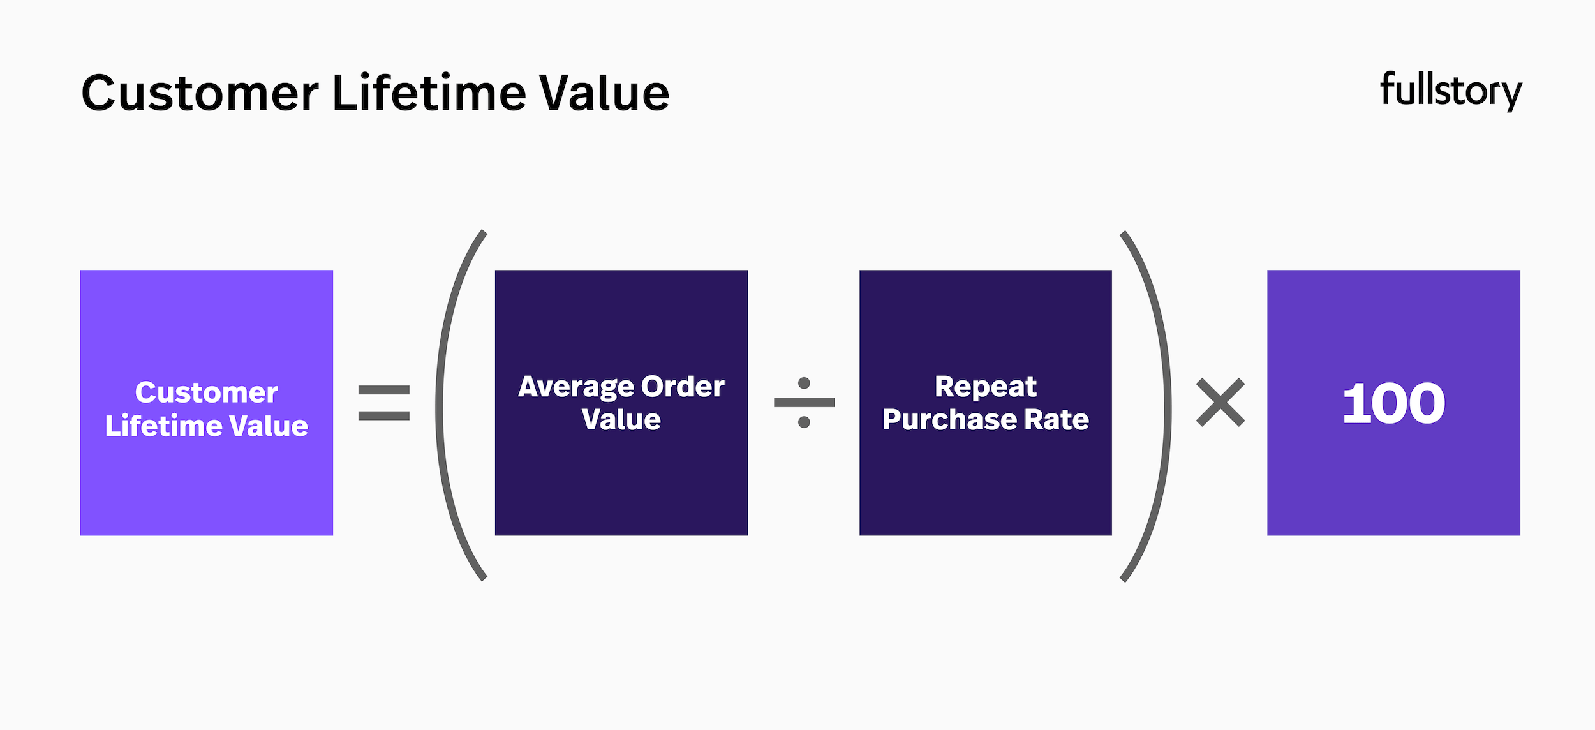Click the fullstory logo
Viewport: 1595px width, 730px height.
click(1451, 91)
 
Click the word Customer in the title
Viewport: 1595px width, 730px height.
click(200, 94)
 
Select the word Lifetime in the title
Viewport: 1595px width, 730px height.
click(429, 93)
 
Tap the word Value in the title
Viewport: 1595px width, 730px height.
click(604, 93)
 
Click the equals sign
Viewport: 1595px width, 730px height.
click(383, 403)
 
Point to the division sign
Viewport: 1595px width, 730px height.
click(804, 402)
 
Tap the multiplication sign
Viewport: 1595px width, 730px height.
click(1220, 402)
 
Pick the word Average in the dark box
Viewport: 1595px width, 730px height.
click(575, 387)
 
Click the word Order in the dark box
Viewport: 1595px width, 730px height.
click(683, 386)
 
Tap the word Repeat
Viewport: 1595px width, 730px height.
click(985, 386)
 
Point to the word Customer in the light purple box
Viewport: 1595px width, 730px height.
click(206, 392)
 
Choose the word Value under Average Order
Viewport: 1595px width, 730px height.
click(621, 419)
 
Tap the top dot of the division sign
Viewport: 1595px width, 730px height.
click(804, 383)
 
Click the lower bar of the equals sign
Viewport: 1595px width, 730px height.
click(383, 416)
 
